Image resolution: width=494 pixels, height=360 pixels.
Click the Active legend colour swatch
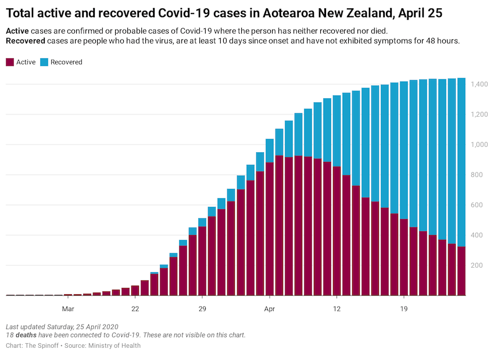[x=10, y=62]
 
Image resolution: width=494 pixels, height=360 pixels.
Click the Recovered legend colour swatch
[x=44, y=62]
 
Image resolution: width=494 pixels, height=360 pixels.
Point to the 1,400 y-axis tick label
[x=480, y=85]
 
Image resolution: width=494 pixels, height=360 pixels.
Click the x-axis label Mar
[x=68, y=309]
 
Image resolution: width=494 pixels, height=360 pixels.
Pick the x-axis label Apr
[x=269, y=309]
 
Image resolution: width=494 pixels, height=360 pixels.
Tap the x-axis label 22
[x=135, y=309]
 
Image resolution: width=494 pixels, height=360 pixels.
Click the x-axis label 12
[x=337, y=309]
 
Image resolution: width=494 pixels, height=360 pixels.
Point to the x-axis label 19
[x=404, y=309]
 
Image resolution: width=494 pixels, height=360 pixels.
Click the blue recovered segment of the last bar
[x=461, y=163]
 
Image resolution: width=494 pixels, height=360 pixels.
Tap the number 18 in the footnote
[x=9, y=335]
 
